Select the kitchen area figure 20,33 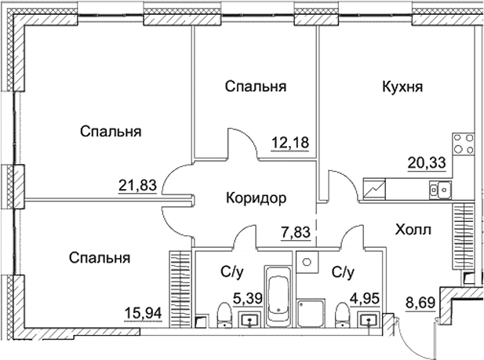424,162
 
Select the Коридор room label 253,198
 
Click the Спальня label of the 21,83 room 110,131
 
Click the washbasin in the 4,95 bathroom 368,318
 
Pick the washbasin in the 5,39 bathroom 250,318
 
